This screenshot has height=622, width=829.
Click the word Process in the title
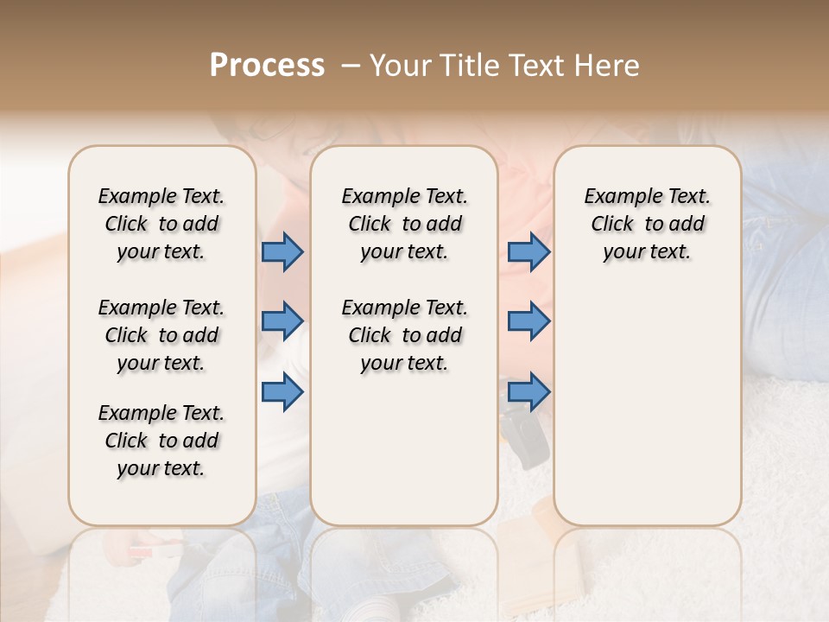pos(267,66)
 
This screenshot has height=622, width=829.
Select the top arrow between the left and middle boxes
pos(283,251)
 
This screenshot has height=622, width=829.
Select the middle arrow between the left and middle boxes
pos(283,321)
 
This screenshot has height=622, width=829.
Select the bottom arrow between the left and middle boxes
pos(283,391)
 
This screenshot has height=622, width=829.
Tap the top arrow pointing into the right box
pos(528,251)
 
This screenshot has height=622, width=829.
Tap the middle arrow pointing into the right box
pos(528,321)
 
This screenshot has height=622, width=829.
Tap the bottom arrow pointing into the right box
pos(528,391)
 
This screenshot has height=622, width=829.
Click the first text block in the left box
pos(161,224)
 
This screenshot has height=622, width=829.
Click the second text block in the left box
pos(161,335)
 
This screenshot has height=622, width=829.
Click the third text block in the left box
pos(161,441)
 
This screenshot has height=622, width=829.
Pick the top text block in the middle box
pos(404,224)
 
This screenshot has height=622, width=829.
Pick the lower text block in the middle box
pos(404,335)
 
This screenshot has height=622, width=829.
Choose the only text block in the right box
pos(647,224)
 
